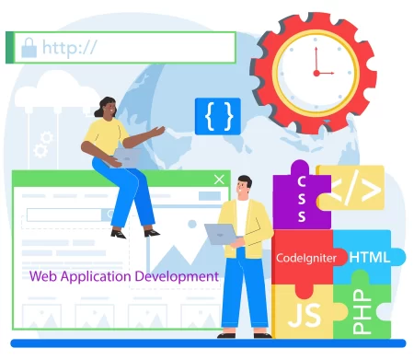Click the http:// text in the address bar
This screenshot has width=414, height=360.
point(69,46)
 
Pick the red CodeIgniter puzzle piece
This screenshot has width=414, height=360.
point(301,258)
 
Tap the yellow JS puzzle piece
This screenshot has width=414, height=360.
point(304,314)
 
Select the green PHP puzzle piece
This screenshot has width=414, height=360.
point(363,308)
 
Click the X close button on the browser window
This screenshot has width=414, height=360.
point(218,180)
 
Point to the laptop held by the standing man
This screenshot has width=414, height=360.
point(221,234)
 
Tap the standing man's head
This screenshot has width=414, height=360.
point(244,186)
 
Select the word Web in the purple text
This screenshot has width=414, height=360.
point(41,275)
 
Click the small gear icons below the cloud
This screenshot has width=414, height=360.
point(42,144)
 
